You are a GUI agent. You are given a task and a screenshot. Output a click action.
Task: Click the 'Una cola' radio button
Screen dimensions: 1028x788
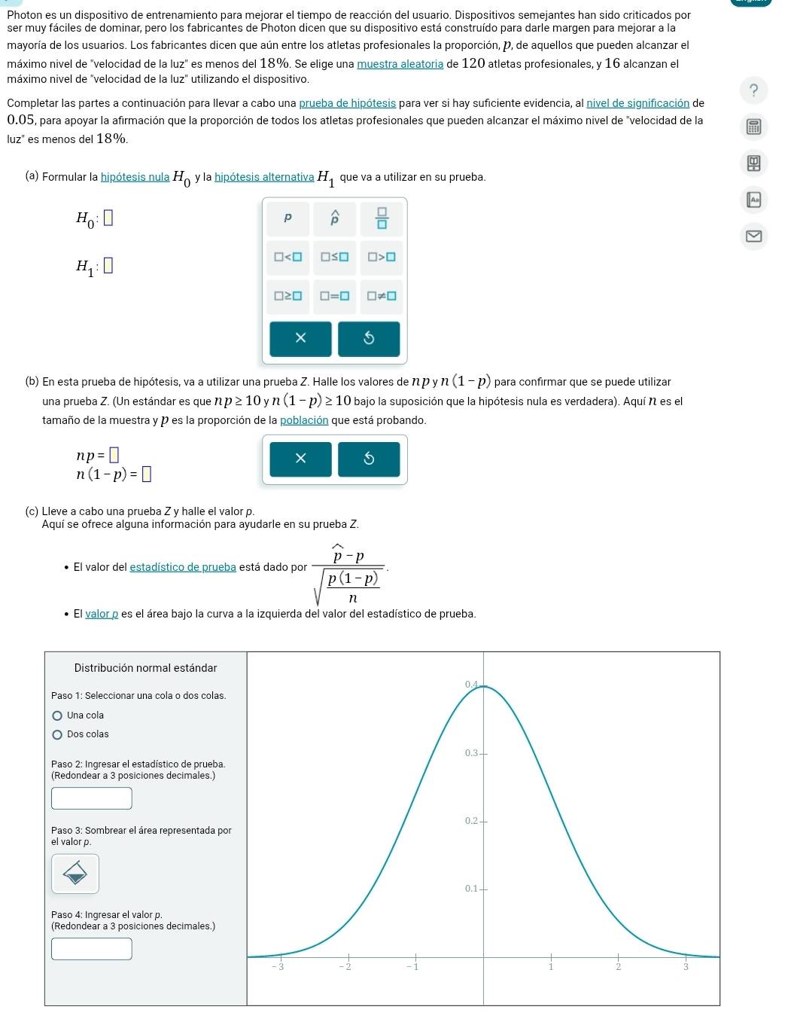[58, 715]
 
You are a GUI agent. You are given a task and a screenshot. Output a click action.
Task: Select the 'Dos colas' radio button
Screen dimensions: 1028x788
[58, 734]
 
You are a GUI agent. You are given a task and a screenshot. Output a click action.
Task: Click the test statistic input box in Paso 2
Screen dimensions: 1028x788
[92, 798]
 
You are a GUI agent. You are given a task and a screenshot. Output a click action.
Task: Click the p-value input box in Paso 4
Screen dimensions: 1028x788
[92, 949]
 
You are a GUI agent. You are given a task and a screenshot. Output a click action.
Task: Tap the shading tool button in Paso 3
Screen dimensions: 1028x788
[75, 874]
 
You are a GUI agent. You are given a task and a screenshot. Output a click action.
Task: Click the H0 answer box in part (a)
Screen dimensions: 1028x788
[108, 219]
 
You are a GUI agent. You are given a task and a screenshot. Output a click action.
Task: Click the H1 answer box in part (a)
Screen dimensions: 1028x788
[108, 266]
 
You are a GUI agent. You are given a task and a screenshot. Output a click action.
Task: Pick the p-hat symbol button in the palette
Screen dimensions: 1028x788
[335, 218]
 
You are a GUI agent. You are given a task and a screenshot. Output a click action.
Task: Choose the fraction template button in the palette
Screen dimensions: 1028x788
[382, 218]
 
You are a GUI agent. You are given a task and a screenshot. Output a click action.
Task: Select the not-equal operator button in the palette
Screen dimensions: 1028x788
[382, 296]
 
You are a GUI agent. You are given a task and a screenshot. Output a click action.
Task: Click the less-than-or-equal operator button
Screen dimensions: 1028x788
[335, 257]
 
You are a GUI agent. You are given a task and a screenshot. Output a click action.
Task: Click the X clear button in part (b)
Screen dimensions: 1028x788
[301, 459]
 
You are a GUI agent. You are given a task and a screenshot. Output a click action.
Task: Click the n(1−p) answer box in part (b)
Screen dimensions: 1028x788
[147, 474]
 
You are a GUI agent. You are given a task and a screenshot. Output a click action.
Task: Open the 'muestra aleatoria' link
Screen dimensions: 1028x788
[400, 64]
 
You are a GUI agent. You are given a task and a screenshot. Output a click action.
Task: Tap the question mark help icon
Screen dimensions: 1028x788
[753, 91]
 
